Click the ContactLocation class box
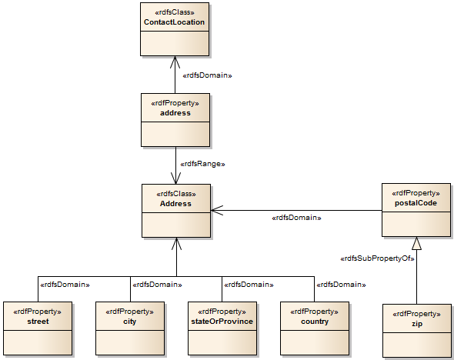pos(175,29)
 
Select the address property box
pos(175,119)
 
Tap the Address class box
pos(175,210)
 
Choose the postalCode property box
pos(416,210)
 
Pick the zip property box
pos(416,330)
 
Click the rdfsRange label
pos(202,164)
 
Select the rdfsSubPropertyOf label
pos(377,258)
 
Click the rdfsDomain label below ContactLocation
pos(208,75)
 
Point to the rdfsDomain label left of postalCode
pos(296,218)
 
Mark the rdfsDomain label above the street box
pos(65,285)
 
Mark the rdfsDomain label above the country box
pos(339,285)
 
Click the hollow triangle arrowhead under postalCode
pos(416,243)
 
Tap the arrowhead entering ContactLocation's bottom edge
pos(175,62)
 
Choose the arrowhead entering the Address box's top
pos(175,178)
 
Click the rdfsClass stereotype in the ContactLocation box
pos(175,12)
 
